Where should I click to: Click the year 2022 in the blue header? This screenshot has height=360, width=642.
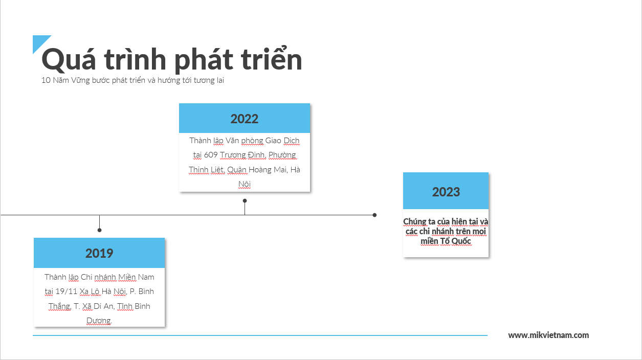(244, 119)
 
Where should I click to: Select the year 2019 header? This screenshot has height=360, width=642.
(99, 253)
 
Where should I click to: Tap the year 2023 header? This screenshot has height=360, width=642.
(446, 192)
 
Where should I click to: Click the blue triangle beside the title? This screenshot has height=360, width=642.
(39, 42)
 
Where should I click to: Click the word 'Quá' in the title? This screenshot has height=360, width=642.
(69, 60)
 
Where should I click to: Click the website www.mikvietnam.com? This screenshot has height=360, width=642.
(548, 335)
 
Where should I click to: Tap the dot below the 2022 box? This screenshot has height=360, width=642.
(245, 201)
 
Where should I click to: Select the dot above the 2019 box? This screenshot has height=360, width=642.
(99, 230)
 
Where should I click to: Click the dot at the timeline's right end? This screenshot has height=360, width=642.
(374, 215)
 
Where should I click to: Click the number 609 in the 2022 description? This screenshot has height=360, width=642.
(211, 155)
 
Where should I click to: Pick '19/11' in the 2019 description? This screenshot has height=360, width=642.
(66, 291)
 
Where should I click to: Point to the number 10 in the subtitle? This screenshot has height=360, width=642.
(46, 80)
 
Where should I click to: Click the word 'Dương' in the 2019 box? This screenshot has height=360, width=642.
(99, 321)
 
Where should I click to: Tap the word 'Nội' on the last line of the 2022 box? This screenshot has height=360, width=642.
(245, 184)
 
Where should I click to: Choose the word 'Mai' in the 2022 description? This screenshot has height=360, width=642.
(280, 170)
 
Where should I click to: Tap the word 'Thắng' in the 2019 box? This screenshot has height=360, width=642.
(60, 306)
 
